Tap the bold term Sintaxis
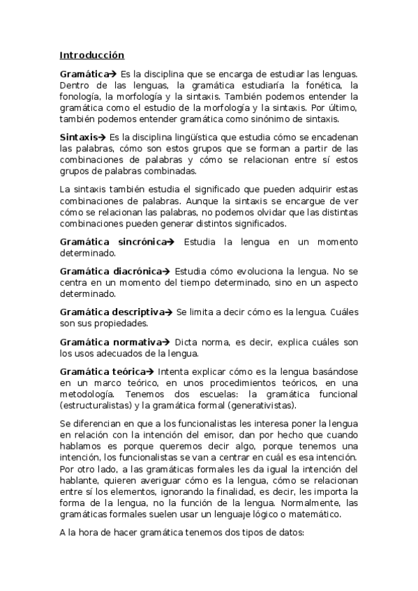78,137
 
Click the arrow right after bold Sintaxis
103,137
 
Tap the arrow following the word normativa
165,342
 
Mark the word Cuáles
343,313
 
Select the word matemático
311,514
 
